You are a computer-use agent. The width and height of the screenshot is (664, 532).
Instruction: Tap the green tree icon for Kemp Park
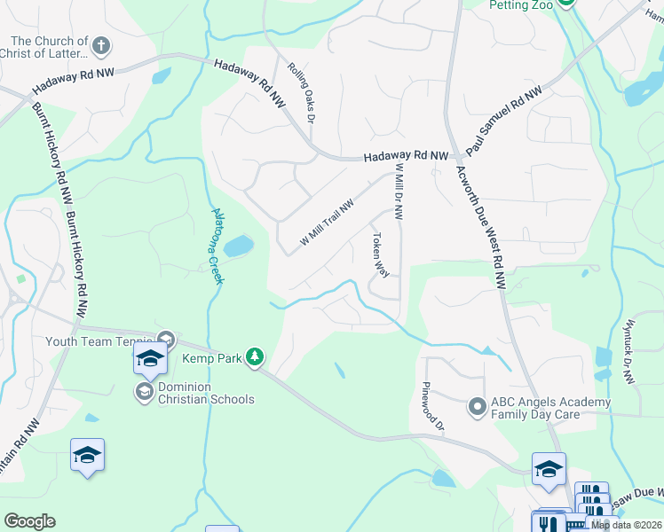(255, 356)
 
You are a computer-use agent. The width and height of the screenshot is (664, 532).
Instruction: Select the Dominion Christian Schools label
(206, 393)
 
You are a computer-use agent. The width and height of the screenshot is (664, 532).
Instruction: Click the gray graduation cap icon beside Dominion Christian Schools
(144, 391)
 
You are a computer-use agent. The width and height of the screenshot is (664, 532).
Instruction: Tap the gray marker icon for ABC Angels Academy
(478, 407)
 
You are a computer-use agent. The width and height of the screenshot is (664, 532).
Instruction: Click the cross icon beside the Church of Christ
(101, 45)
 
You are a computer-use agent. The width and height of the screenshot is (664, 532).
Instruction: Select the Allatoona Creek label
(216, 245)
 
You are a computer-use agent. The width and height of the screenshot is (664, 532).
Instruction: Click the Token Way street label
(380, 254)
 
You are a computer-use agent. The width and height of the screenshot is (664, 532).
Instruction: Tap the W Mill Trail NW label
(327, 222)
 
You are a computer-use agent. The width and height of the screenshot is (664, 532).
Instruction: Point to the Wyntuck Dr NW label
(628, 351)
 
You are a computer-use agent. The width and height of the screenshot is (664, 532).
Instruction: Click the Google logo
(29, 520)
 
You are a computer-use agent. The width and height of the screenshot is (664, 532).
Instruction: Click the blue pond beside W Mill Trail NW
(238, 246)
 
